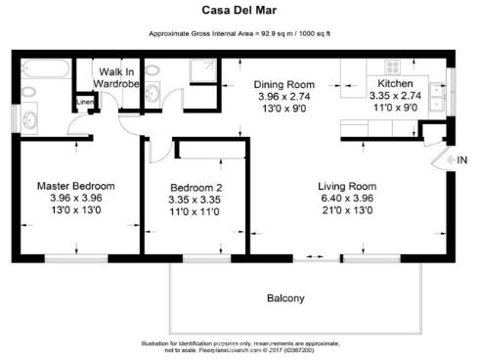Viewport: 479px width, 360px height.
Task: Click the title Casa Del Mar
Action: [x=239, y=12]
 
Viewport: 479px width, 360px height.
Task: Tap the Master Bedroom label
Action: [x=75, y=186]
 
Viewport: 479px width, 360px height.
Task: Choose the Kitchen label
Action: [x=396, y=85]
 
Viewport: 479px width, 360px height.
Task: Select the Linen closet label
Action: [x=84, y=102]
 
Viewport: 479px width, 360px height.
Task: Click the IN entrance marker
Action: [x=462, y=159]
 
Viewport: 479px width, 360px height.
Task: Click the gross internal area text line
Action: [x=239, y=33]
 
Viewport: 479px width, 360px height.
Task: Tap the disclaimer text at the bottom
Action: [x=239, y=347]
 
